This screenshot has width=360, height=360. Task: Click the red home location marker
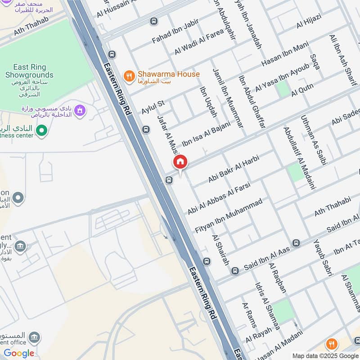point(180,162)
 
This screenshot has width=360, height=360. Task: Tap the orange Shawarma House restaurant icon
point(130,76)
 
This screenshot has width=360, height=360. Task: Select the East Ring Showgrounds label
point(29,71)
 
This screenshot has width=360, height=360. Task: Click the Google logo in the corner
point(19,353)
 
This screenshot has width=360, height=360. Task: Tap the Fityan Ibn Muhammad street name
point(228,216)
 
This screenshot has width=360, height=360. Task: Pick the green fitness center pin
point(41,131)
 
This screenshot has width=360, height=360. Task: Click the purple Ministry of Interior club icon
point(80,110)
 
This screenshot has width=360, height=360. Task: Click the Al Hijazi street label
point(308,21)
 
